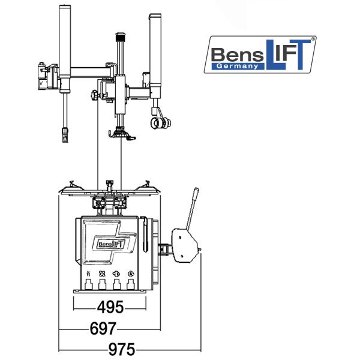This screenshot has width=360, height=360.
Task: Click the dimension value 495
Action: tap(110, 307)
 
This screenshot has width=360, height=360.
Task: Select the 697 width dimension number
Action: tap(103, 329)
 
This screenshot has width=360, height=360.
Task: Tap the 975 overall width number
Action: tap(122, 350)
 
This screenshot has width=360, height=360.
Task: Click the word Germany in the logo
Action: tap(237, 66)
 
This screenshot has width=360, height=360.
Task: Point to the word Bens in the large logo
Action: tap(237, 55)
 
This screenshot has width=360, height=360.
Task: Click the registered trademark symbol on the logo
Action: tap(313, 39)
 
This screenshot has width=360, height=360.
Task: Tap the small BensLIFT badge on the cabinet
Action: tap(112, 244)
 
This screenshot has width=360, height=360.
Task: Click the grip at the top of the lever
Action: tap(196, 193)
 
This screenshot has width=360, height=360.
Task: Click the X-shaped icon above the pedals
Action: tap(102, 274)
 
